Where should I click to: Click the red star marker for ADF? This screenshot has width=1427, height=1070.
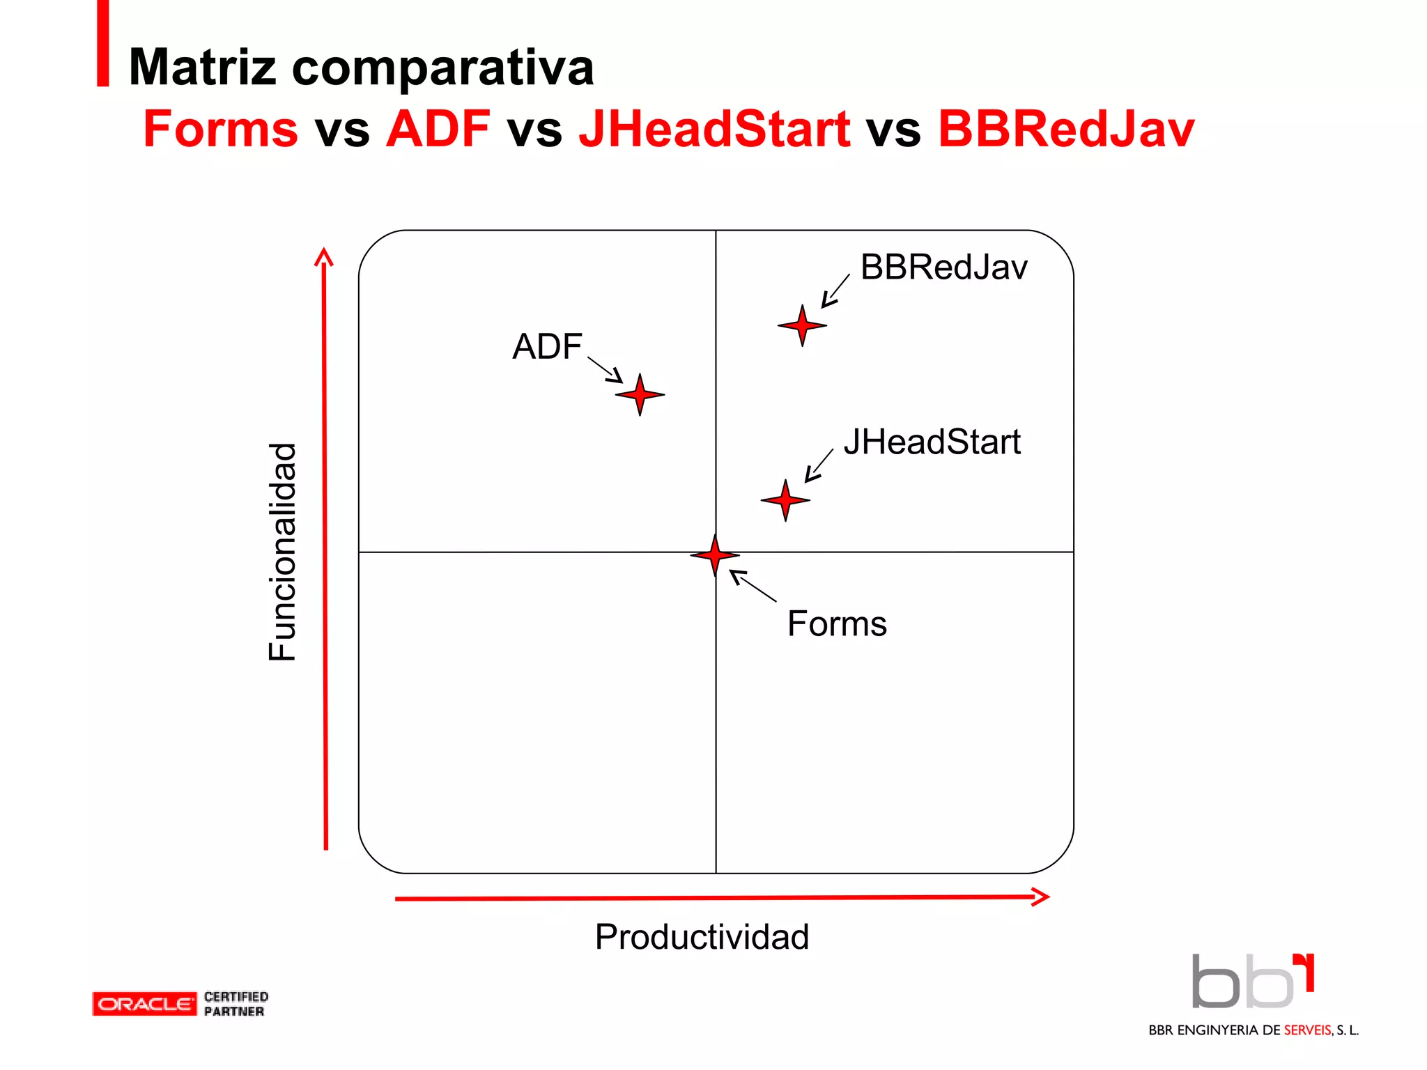[x=640, y=394]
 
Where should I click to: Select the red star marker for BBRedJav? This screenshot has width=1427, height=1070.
[x=802, y=325]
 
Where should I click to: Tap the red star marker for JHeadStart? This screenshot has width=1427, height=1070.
[x=785, y=499]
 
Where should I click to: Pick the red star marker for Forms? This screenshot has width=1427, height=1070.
[x=715, y=555]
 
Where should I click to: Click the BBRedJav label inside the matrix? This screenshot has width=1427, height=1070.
[x=943, y=267]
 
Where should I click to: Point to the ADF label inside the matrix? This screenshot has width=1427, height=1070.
[x=547, y=346]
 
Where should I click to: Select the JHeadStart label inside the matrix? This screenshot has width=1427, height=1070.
[x=932, y=442]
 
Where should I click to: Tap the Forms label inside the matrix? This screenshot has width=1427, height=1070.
[x=837, y=623]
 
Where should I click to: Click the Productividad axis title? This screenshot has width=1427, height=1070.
[x=702, y=937]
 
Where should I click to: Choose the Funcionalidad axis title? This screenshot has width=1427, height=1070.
[x=282, y=552]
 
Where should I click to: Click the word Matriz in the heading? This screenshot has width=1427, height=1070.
[x=203, y=68]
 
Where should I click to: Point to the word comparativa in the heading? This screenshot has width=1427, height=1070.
[x=442, y=68]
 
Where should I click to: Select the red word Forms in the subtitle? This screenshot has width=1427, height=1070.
[x=220, y=129]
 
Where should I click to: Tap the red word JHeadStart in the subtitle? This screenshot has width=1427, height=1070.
[x=714, y=129]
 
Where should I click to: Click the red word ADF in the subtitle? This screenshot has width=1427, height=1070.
[x=438, y=129]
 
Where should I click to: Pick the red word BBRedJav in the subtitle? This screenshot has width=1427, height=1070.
[x=1066, y=129]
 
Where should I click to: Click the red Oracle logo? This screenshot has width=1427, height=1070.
[x=144, y=1004]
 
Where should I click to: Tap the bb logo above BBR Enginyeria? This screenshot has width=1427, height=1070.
[x=1252, y=982]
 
